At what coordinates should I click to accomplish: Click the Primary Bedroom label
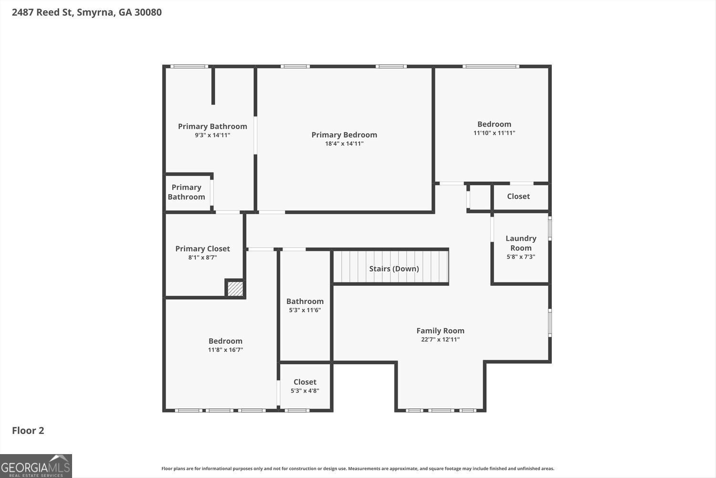(x=344, y=135)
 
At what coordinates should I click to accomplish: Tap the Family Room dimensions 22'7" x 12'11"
(x=440, y=339)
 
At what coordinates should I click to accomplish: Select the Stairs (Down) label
(x=394, y=269)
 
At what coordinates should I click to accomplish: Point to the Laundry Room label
(x=521, y=243)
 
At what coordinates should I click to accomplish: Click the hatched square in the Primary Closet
(x=235, y=288)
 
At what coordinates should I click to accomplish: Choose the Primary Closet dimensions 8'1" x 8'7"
(x=202, y=258)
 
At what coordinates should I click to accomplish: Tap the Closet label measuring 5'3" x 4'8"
(x=305, y=382)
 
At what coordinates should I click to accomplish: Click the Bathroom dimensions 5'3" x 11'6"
(x=305, y=310)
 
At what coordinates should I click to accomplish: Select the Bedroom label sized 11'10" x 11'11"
(x=494, y=124)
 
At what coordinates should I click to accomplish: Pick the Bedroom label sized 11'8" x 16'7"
(x=225, y=341)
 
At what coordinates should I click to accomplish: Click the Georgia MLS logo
(x=36, y=466)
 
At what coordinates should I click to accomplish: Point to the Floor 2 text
(x=28, y=431)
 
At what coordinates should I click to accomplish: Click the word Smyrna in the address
(x=95, y=12)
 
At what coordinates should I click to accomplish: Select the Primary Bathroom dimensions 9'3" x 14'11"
(x=212, y=135)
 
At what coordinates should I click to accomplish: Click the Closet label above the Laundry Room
(x=518, y=196)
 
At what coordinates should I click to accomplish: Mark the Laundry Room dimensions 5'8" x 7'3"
(x=521, y=257)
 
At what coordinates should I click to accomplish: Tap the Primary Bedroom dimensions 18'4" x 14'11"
(x=344, y=143)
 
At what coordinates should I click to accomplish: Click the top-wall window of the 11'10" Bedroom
(x=491, y=66)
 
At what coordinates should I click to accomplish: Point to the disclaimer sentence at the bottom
(x=358, y=468)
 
